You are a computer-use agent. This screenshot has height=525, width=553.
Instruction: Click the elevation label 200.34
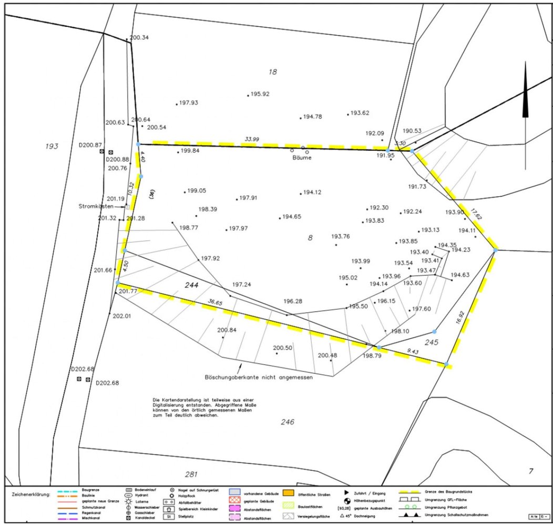tap(139, 37)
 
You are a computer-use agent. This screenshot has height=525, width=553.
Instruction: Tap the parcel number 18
tap(272, 71)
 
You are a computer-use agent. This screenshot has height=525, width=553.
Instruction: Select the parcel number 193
tap(51, 146)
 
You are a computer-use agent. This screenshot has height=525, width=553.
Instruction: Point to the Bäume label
tap(301, 157)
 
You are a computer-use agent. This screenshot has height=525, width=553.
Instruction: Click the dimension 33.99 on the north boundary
tap(252, 139)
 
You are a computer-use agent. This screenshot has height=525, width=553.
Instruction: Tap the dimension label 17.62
tap(476, 214)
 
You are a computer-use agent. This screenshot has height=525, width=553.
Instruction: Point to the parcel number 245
tap(431, 342)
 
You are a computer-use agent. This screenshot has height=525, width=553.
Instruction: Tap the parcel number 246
tap(288, 422)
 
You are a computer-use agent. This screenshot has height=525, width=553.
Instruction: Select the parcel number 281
tap(191, 475)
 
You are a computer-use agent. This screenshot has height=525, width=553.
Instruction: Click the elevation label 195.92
tap(260, 94)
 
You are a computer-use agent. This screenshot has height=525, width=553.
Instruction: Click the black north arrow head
tap(525, 97)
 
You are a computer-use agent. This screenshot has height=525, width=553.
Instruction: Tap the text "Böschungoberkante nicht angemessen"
tap(259, 377)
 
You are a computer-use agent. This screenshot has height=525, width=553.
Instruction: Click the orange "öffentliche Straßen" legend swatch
tap(287, 493)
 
